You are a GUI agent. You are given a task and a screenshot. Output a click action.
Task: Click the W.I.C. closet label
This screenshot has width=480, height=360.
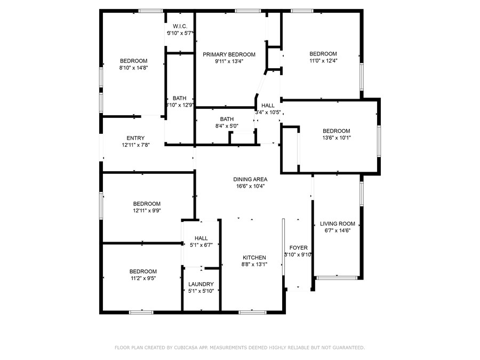point(179,26)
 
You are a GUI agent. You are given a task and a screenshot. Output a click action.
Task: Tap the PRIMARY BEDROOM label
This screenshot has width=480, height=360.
point(229,54)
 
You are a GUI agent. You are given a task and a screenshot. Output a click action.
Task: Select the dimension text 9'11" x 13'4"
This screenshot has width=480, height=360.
point(229,61)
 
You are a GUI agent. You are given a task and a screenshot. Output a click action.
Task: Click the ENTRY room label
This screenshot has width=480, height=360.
point(135,138)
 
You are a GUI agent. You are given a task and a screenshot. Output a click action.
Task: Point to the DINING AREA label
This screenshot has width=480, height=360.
point(250,179)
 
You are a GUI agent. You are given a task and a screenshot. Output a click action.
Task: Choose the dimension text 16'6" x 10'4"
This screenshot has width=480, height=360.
point(250,186)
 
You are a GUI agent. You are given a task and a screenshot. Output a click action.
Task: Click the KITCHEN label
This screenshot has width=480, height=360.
point(254,258)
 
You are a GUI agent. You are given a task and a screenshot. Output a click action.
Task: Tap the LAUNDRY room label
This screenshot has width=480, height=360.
point(201,284)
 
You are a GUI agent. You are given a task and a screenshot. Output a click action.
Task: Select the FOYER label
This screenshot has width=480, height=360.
point(298,248)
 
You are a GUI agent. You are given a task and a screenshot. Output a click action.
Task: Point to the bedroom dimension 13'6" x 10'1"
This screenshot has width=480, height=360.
point(336,138)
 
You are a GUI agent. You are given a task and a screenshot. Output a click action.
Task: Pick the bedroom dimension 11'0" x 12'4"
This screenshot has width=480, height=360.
point(323,60)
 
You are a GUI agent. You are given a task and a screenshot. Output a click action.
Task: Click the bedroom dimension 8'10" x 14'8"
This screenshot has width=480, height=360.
point(133,67)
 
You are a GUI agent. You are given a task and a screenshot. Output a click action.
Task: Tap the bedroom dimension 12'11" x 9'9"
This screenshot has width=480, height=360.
point(147,211)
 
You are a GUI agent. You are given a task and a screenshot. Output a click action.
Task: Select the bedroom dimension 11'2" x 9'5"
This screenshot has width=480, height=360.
point(145,278)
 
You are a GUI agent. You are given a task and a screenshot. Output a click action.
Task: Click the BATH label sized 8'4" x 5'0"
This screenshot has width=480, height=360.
point(227,119)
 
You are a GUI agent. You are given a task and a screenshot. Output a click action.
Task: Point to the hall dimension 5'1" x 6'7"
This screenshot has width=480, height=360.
point(201,245)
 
